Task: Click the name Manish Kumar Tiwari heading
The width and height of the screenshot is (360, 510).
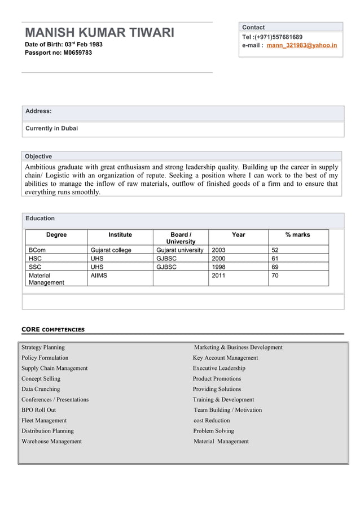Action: pos(99,32)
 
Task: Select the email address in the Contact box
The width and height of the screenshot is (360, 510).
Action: pos(301,45)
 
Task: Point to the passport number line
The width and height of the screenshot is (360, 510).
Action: pos(58,53)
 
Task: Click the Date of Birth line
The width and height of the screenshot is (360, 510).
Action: pos(64,44)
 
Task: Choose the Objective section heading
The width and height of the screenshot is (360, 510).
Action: pos(38,156)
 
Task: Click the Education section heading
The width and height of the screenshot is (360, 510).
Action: pos(40,218)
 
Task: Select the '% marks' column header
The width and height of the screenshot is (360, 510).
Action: pos(297,234)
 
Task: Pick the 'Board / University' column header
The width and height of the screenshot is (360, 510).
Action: pos(181,238)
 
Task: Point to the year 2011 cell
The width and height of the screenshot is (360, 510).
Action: pos(218,275)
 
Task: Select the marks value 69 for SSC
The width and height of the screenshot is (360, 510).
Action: pos(275,267)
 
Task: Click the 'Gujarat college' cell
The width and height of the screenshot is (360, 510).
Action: pos(111,250)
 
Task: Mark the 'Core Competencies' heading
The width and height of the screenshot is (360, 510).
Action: pos(53,329)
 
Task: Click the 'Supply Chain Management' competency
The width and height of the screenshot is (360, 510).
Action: pos(55,368)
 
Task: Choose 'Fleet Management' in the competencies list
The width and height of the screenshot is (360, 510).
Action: pos(44,420)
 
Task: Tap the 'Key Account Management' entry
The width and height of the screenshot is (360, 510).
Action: pos(225,358)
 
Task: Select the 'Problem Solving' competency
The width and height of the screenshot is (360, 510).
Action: pos(213,431)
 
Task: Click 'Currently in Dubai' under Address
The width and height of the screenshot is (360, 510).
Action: pos(52,128)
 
